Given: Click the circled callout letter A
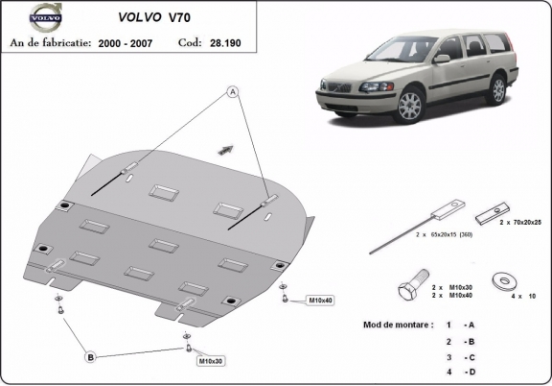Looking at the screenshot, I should click(x=231, y=93).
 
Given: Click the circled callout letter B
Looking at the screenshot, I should click(x=90, y=357).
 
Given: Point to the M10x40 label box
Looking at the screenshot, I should click(x=319, y=301).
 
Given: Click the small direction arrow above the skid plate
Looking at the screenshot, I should click(x=226, y=148).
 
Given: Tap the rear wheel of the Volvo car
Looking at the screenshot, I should click(x=497, y=89).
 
